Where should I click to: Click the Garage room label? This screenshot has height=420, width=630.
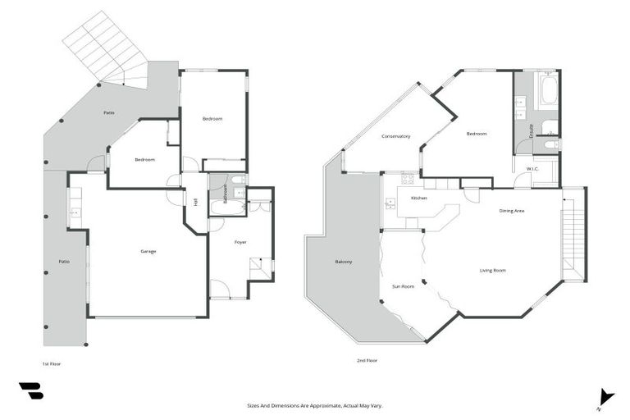pos(148,251)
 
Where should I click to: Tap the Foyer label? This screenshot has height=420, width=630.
pos(240,243)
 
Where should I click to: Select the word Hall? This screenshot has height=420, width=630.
pos(195,202)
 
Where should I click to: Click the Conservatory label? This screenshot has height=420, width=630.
pos(395,136)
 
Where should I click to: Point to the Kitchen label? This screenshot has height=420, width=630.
pos(418,199)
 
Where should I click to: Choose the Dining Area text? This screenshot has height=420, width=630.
pos(512,212)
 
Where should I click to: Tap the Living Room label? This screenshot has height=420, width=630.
pos(492,270)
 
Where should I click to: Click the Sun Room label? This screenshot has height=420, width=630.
pos(403,286)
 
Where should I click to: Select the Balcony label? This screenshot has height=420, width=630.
pos(344,262)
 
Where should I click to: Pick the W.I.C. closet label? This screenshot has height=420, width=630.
pos(532,170)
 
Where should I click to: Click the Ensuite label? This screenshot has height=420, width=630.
pos(532,130)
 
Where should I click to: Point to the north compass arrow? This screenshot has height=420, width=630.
pos(605,396)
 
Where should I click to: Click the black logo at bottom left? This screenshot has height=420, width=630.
pos(30,390)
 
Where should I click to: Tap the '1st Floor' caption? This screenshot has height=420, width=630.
pos(51,363)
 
